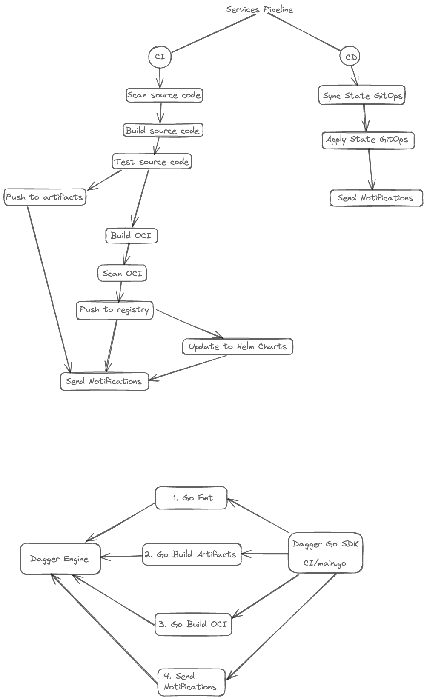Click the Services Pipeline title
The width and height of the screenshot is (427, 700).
[x=259, y=9]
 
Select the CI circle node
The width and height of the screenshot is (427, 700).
[x=160, y=57]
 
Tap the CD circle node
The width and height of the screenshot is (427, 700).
[x=350, y=57]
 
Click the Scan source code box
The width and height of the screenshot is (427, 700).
[x=164, y=95]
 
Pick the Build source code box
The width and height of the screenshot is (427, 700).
[x=163, y=130]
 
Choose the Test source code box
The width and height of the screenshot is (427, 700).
[x=152, y=162]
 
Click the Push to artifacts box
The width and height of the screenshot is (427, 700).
[x=45, y=197]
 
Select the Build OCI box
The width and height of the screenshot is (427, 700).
[x=131, y=235]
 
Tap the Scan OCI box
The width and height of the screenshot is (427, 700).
[x=123, y=273]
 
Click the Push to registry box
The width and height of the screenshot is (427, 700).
[x=115, y=310]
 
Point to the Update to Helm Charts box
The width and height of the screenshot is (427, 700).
[x=238, y=346]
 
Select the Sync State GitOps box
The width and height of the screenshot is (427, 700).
[x=362, y=96]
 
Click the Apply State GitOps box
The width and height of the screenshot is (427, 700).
[x=368, y=140]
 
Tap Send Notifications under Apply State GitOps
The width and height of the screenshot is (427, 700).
[x=376, y=198]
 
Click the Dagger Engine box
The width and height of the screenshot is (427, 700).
[x=60, y=559]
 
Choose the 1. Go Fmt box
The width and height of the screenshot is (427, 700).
[x=192, y=498]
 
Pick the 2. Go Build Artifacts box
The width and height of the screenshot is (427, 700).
[x=192, y=554]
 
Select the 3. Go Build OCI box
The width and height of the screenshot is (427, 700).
[x=193, y=624]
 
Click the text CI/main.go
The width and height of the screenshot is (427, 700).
[x=325, y=563]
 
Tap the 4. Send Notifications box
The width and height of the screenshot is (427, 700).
[x=191, y=682]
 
